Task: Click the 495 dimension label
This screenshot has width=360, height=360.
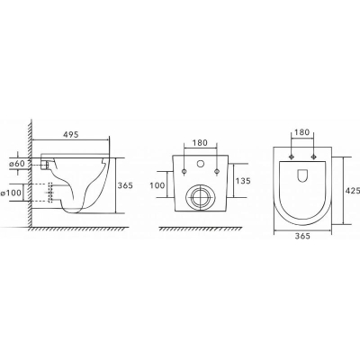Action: (x=70, y=135)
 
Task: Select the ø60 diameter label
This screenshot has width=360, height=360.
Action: (x=16, y=164)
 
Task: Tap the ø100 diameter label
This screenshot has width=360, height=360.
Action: (x=11, y=193)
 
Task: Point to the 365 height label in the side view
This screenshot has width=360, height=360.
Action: (x=124, y=185)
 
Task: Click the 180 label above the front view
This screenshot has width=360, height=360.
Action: (x=200, y=143)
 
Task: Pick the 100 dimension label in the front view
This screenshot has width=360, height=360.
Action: (x=157, y=185)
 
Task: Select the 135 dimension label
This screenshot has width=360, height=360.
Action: (x=242, y=181)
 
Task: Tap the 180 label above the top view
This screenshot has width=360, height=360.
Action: (x=302, y=132)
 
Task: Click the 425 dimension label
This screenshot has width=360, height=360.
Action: (x=353, y=191)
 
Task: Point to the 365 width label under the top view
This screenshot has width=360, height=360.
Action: (x=302, y=236)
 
